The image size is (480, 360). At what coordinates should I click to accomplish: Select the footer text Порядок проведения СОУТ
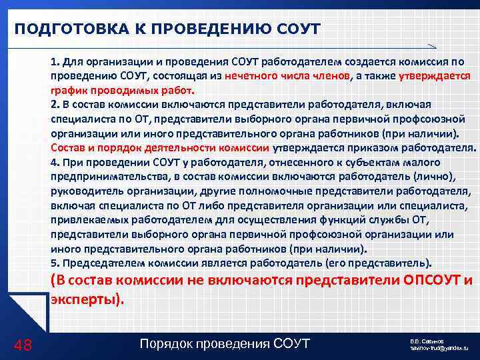tap(225, 343)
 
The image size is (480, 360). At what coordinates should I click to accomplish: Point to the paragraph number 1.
tap(54, 61)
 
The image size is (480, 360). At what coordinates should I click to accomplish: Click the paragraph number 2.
tap(54, 105)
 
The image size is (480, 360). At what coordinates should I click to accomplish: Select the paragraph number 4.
tap(54, 162)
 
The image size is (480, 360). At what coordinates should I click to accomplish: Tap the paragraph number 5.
tap(54, 262)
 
